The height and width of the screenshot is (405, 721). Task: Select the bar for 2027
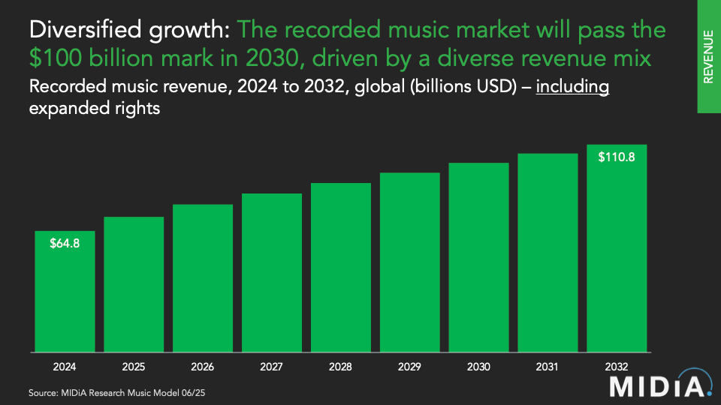coord(272,272)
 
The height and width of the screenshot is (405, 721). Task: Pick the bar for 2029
coord(409,262)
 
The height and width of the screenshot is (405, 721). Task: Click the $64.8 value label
coord(65,243)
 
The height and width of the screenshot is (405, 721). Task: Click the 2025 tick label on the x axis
coord(134,367)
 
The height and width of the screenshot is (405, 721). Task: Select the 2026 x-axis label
coord(203,367)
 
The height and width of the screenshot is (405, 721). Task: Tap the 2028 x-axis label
coord(340,367)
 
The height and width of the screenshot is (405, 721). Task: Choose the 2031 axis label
coord(548,367)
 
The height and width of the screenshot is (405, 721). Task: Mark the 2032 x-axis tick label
coord(617,367)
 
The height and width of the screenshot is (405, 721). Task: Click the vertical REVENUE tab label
coord(708,56)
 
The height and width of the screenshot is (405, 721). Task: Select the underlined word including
coord(572,86)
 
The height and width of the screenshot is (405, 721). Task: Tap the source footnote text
coord(116,392)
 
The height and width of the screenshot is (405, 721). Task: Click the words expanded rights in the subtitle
coord(95,109)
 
